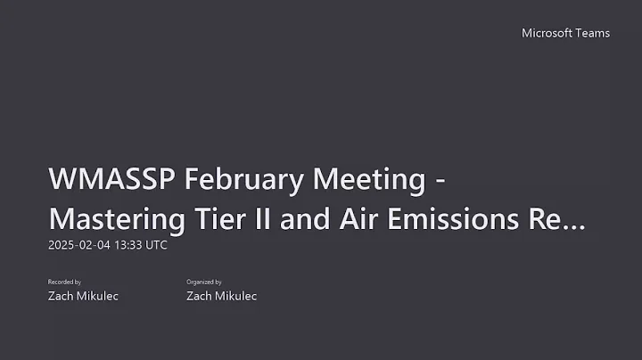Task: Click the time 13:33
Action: point(128,244)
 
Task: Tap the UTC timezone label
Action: point(154,244)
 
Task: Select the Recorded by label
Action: point(64,282)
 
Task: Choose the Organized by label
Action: point(204,282)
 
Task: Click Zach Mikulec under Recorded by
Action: point(83,296)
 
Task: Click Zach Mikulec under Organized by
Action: point(221,296)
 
